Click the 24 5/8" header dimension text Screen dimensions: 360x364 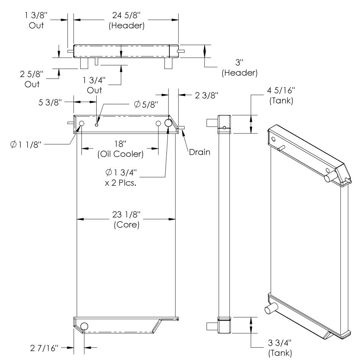(127, 15)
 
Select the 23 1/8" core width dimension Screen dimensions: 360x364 (127, 214)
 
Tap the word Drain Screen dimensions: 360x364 (200, 152)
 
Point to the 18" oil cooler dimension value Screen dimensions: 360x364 (121, 144)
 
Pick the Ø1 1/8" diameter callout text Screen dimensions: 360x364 (26, 144)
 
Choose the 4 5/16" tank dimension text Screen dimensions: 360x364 (281, 90)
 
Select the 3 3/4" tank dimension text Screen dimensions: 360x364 (280, 342)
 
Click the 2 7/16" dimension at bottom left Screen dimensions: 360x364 (44, 348)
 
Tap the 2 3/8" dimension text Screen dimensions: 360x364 (207, 95)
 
